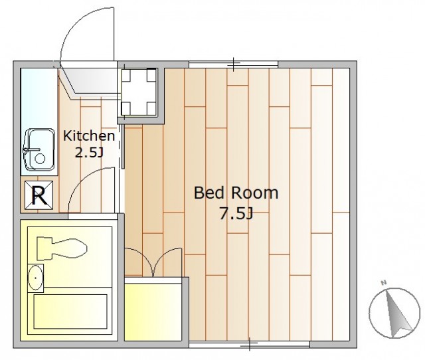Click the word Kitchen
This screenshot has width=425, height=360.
pos(89,135)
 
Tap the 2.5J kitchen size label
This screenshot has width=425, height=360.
pos(89,153)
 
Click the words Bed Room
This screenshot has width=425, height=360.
pos(236,193)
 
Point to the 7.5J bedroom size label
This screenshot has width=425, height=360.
pos(236,214)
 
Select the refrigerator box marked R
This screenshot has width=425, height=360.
pos(39,195)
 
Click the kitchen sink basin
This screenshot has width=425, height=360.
pos(40,149)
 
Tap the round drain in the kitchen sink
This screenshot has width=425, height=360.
pos(40,158)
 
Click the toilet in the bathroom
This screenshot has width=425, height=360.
pos(62,248)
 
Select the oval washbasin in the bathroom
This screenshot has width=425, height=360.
pos(35,278)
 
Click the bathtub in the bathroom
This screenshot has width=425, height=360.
pos(70,312)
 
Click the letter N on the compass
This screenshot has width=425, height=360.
pos(384,283)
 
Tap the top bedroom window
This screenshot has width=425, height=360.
pos(233,64)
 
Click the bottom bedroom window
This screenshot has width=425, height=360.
pos(250,345)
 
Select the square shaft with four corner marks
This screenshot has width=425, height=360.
pos(139,92)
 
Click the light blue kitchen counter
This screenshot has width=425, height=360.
pos(39,122)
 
